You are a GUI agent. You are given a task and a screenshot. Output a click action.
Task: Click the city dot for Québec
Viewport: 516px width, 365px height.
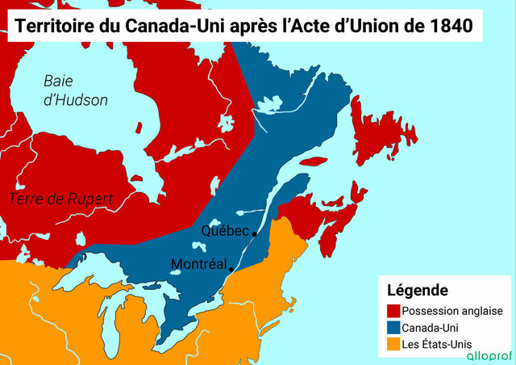pyautogui.click(x=255, y=233)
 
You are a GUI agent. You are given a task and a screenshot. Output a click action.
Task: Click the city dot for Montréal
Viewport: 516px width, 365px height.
pyautogui.click(x=231, y=269)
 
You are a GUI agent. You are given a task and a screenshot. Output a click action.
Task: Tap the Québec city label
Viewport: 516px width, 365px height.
pyautogui.click(x=225, y=231)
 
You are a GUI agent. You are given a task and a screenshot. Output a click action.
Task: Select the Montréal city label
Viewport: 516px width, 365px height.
pyautogui.click(x=198, y=264)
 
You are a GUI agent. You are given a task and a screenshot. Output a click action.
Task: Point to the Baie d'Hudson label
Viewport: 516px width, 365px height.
pyautogui.click(x=75, y=90)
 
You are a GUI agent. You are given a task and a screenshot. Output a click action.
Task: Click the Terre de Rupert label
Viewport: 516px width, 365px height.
pyautogui.click(x=61, y=199)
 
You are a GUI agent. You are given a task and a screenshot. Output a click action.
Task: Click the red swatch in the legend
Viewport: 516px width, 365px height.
pyautogui.click(x=393, y=311)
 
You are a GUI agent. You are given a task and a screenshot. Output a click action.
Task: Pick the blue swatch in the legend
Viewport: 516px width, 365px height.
pyautogui.click(x=393, y=328)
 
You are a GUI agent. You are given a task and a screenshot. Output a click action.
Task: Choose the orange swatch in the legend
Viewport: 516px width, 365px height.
pyautogui.click(x=393, y=346)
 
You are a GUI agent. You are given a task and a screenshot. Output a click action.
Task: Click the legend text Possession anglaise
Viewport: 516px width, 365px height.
pyautogui.click(x=452, y=311)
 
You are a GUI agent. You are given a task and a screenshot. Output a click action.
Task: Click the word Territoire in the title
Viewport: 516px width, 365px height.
pyautogui.click(x=50, y=27)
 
